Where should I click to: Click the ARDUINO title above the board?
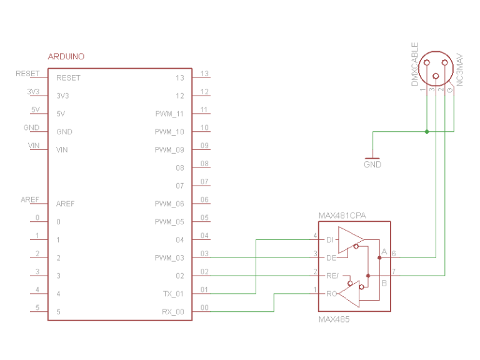66,57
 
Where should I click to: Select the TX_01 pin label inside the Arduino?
172,293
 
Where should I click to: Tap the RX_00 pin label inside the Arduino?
172,311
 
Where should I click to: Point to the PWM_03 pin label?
169,257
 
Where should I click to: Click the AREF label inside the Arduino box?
66,204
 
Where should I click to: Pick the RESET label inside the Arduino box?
68,78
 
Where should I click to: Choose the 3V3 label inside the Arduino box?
62,96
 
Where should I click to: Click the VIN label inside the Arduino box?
62,150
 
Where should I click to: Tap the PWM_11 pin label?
169,114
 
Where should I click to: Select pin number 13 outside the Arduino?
204,74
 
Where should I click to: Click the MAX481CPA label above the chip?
342,216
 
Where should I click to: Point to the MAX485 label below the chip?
334,319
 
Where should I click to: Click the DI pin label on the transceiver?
330,240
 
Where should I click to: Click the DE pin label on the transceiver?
331,257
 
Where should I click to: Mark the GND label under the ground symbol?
372,165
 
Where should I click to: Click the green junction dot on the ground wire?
426,132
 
